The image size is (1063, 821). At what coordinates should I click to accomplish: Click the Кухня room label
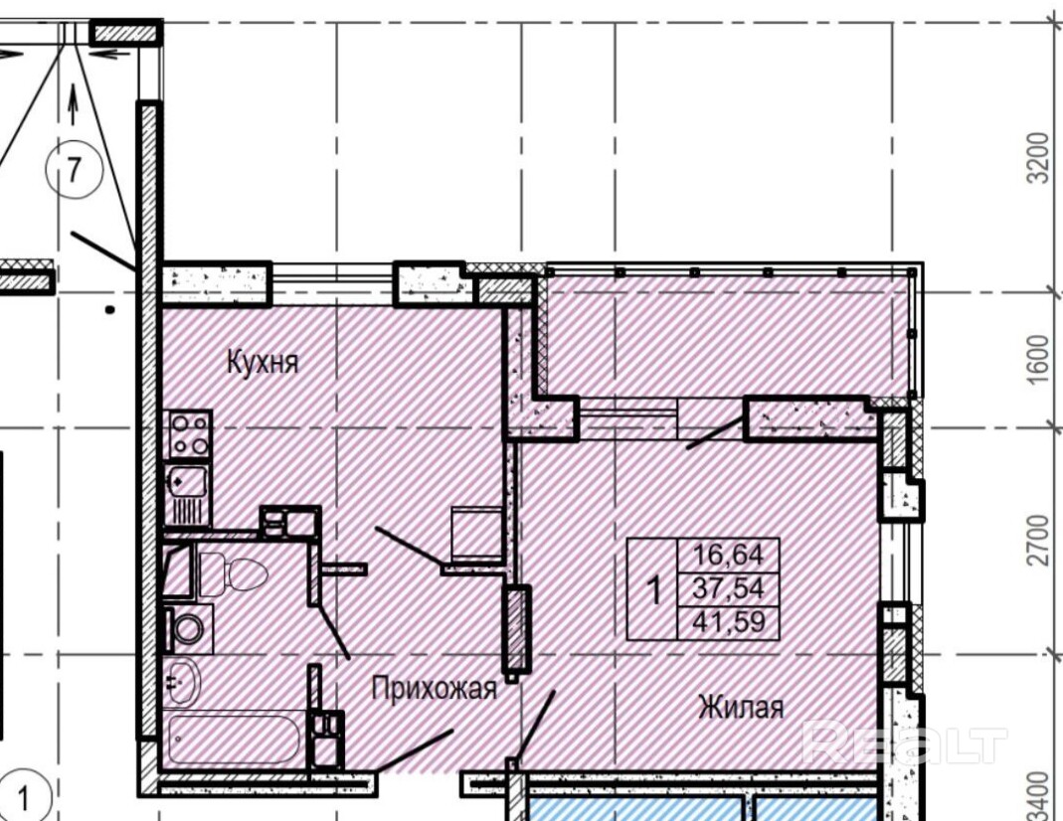(263, 363)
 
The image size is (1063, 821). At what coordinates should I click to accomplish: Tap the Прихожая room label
(435, 689)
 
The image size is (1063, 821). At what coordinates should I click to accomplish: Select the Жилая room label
(741, 708)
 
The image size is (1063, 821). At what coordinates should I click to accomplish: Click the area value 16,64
(728, 555)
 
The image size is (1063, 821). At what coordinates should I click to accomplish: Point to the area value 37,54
(728, 587)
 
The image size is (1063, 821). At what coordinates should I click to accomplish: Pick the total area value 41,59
(728, 621)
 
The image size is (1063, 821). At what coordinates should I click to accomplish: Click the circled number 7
(75, 169)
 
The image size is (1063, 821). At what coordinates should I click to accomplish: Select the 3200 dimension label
(1038, 158)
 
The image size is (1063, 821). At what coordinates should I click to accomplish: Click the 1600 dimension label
(1038, 360)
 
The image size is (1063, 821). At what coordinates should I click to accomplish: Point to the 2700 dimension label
(1038, 540)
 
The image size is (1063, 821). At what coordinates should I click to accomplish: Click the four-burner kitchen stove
(188, 434)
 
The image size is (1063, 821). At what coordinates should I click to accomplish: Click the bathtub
(234, 739)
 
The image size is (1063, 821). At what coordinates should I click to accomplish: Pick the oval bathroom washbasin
(182, 681)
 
